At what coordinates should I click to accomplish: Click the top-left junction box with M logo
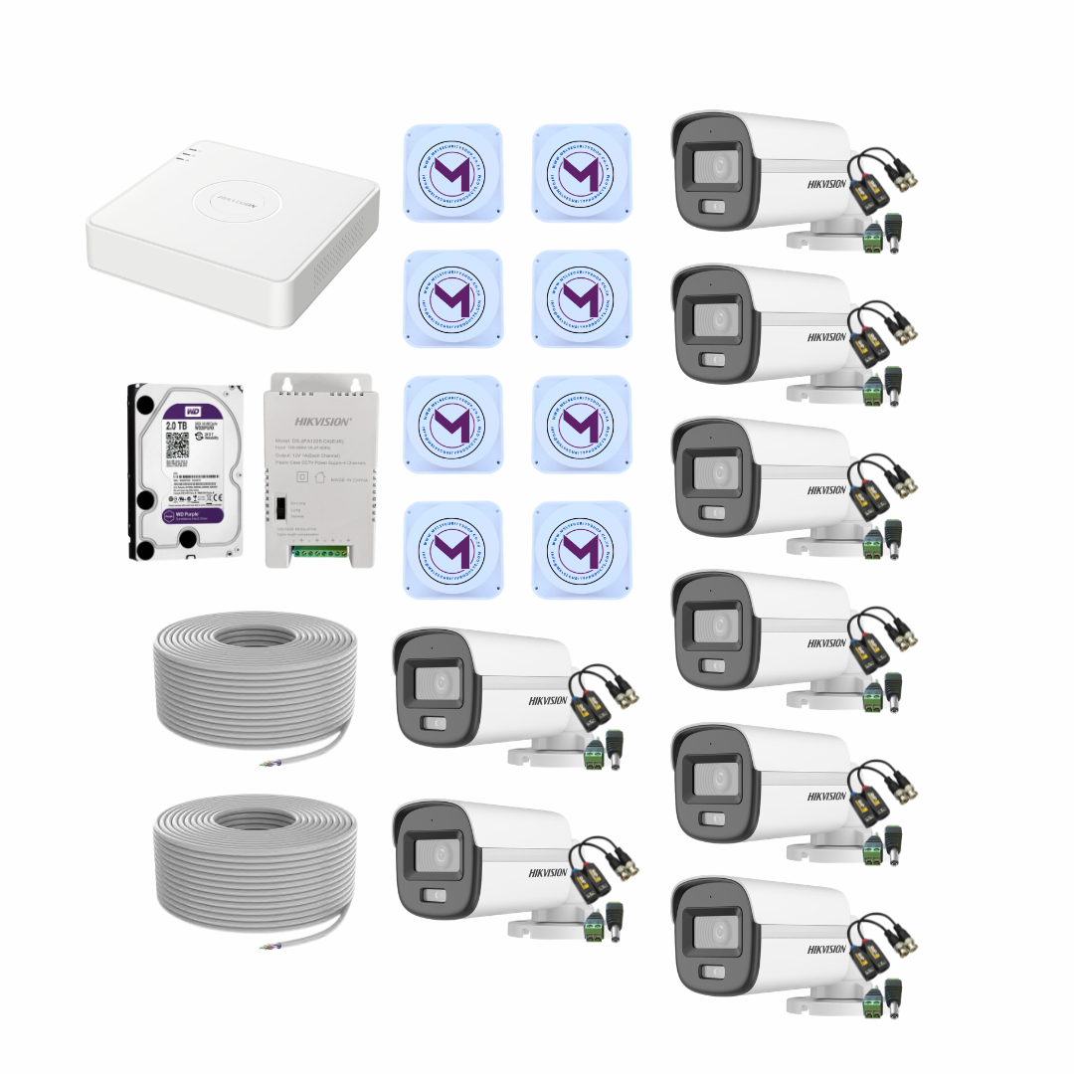452,172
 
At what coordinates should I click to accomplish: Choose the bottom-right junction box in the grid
581,549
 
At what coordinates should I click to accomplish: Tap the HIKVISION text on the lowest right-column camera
826,949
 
